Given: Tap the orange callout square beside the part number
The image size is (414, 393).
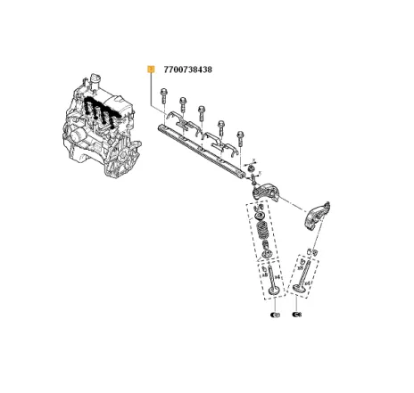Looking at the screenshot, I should point(152,69).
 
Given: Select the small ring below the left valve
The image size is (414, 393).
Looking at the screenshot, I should point(274,315).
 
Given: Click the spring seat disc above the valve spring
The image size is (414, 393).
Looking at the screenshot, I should point(259,213).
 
